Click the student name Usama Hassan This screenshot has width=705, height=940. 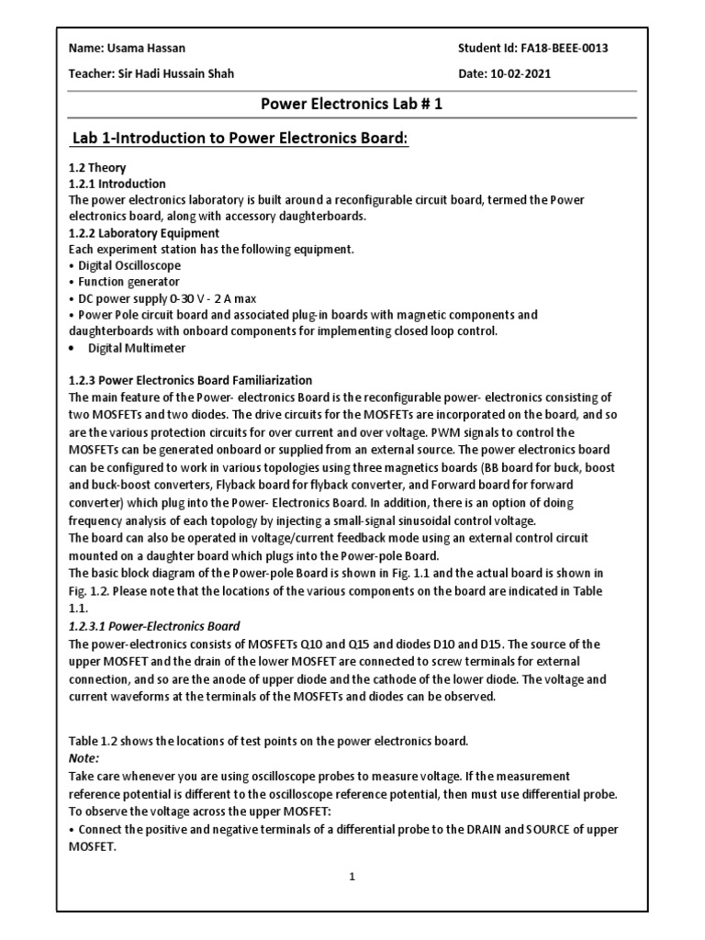click(x=135, y=48)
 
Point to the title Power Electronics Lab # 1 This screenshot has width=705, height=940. click(x=352, y=104)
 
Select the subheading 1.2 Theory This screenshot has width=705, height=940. click(x=97, y=168)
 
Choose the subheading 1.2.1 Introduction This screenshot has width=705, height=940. click(x=117, y=184)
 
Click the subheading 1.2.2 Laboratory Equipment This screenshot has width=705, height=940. click(x=144, y=233)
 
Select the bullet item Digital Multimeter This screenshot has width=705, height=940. click(x=136, y=348)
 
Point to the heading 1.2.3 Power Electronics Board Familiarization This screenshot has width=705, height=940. click(x=191, y=380)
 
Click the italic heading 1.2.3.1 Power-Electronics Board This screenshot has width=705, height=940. click(x=154, y=626)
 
